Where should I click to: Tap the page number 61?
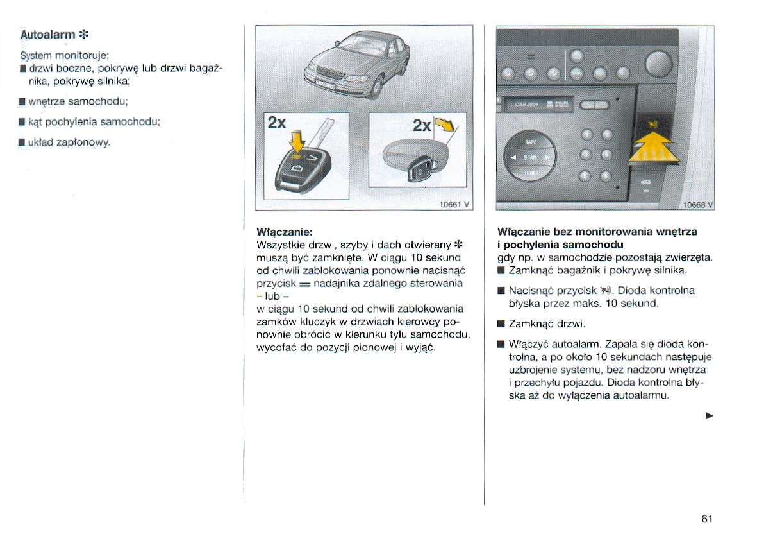pyautogui.click(x=707, y=519)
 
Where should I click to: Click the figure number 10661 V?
pyautogui.click(x=454, y=205)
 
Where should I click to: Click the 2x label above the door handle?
pyautogui.click(x=421, y=126)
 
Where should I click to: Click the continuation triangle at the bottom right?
pyautogui.click(x=709, y=416)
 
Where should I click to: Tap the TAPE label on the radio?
pyautogui.click(x=531, y=141)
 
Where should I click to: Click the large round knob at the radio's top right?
pyautogui.click(x=661, y=65)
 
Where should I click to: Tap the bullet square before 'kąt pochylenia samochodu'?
pyautogui.click(x=22, y=121)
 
